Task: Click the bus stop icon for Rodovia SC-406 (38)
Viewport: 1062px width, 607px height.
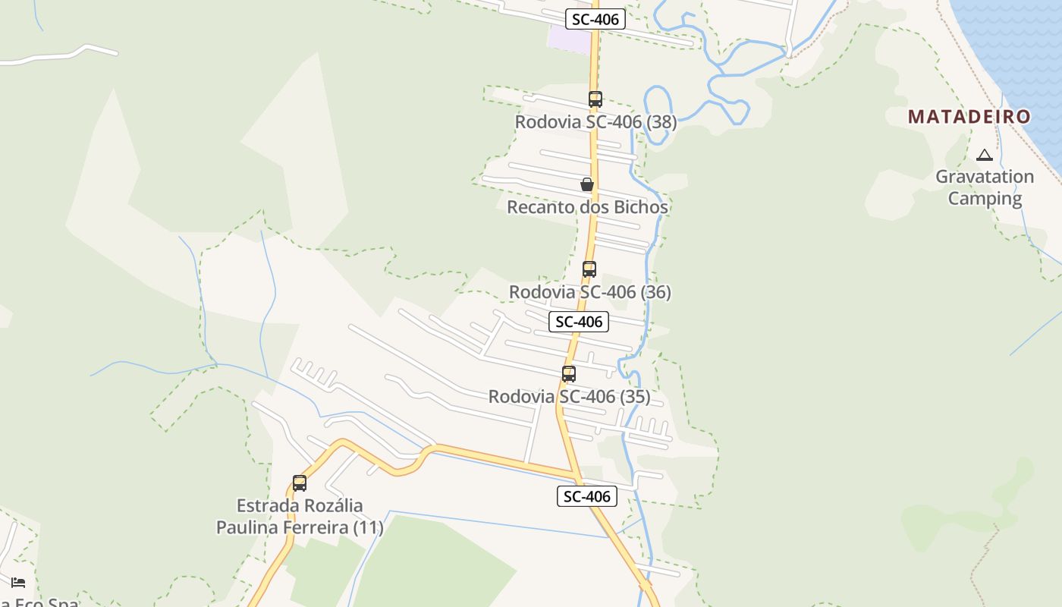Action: pyautogui.click(x=595, y=99)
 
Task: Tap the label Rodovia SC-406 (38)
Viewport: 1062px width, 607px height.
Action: pyautogui.click(x=595, y=122)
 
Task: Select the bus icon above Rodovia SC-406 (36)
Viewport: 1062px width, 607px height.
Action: pyautogui.click(x=589, y=269)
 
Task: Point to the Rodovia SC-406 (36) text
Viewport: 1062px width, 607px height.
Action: pyautogui.click(x=589, y=292)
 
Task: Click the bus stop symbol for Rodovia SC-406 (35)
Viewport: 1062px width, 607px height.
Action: pyautogui.click(x=568, y=373)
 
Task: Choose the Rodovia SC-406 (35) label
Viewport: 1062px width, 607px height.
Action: pyautogui.click(x=569, y=397)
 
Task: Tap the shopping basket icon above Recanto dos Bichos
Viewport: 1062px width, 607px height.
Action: pyautogui.click(x=586, y=184)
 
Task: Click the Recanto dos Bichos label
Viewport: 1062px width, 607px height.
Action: pyautogui.click(x=587, y=207)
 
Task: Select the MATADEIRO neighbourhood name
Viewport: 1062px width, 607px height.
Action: pyautogui.click(x=969, y=117)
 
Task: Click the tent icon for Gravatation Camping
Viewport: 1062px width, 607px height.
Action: pyautogui.click(x=985, y=156)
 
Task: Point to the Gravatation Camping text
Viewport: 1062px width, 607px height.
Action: pyautogui.click(x=985, y=187)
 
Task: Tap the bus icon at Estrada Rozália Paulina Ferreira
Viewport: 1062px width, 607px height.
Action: pyautogui.click(x=300, y=483)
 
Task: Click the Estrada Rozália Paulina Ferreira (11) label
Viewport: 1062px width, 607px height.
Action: pyautogui.click(x=300, y=516)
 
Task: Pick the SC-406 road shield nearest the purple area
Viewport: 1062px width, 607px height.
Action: pyautogui.click(x=595, y=20)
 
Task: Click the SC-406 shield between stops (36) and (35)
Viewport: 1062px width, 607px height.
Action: pyautogui.click(x=579, y=322)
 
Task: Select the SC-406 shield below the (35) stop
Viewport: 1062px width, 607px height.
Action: pyautogui.click(x=586, y=496)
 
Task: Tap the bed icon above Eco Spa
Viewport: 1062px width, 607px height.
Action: pyautogui.click(x=18, y=582)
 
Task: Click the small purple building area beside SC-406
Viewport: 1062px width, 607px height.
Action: pyautogui.click(x=567, y=38)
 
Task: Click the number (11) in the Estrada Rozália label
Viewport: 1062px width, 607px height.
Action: pyautogui.click(x=368, y=527)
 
